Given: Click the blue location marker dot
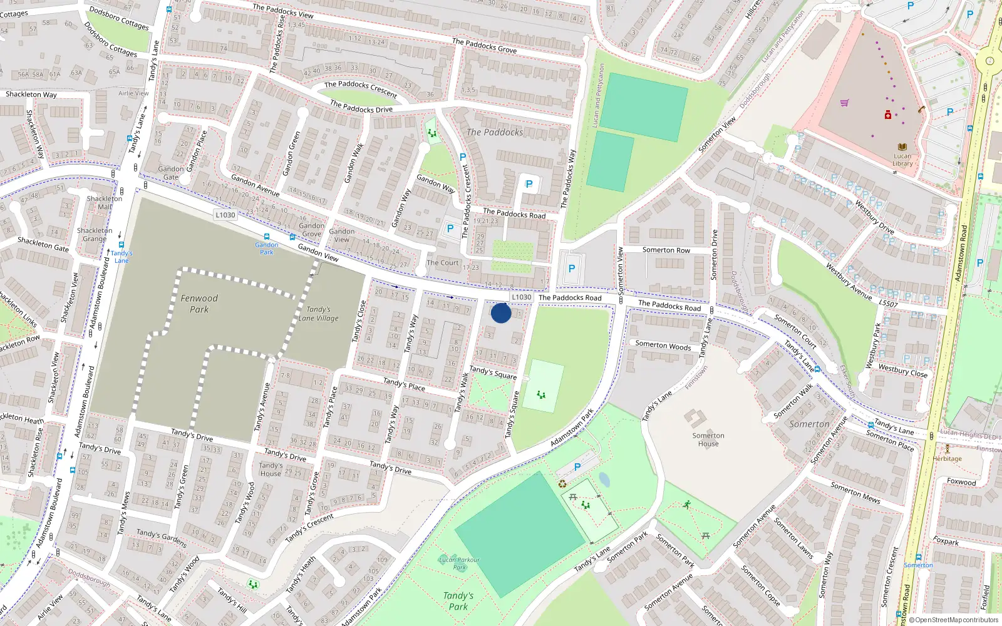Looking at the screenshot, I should pyautogui.click(x=501, y=313).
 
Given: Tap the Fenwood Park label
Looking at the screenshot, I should pyautogui.click(x=199, y=304).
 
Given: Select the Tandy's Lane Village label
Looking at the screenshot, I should pyautogui.click(x=319, y=314).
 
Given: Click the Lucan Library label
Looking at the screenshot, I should pyautogui.click(x=902, y=160).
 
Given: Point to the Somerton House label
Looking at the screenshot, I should pyautogui.click(x=708, y=439).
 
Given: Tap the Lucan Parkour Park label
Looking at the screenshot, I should pyautogui.click(x=459, y=563).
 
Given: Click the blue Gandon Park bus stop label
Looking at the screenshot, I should pyautogui.click(x=267, y=249).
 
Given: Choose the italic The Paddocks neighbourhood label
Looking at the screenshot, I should pyautogui.click(x=495, y=132).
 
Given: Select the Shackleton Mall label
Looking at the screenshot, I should pyautogui.click(x=105, y=202).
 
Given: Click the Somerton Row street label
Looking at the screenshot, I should pyautogui.click(x=666, y=250).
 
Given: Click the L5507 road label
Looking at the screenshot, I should pyautogui.click(x=888, y=304).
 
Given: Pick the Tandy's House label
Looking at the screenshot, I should pyautogui.click(x=271, y=469).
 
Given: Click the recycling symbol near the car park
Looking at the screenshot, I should pyautogui.click(x=562, y=483).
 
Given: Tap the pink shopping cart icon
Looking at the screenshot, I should pyautogui.click(x=844, y=103).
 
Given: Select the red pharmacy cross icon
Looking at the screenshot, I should pyautogui.click(x=887, y=115).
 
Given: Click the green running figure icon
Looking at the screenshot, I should pyautogui.click(x=687, y=505).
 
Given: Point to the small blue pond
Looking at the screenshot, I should pyautogui.click(x=604, y=480).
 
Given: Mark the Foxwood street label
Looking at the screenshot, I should pyautogui.click(x=961, y=482).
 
